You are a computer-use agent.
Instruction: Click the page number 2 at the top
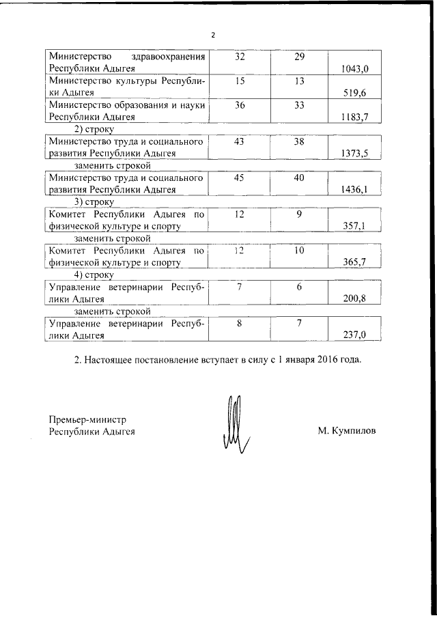[x=213, y=36]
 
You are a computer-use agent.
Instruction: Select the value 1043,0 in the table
[x=354, y=69]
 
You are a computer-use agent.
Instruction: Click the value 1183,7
[x=354, y=117]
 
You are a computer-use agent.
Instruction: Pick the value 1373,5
[x=354, y=154]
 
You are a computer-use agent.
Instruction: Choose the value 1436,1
[x=354, y=190]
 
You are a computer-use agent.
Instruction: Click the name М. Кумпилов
[x=346, y=431]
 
